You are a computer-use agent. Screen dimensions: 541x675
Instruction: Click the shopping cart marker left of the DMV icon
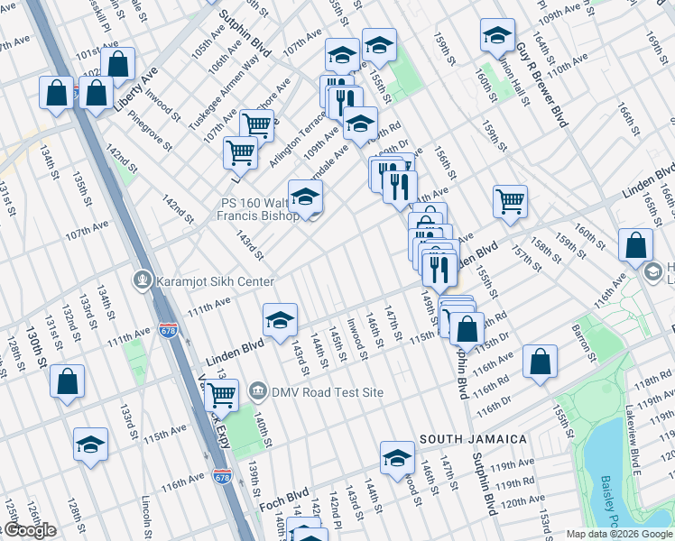(221, 394)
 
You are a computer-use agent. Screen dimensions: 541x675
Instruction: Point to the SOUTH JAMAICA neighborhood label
(473, 439)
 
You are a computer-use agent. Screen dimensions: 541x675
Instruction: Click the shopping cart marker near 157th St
(510, 201)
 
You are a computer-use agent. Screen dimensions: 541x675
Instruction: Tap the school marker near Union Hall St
(496, 34)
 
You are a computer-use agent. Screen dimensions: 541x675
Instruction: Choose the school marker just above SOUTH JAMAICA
(397, 456)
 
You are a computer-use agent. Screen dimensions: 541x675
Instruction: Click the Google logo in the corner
(30, 530)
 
